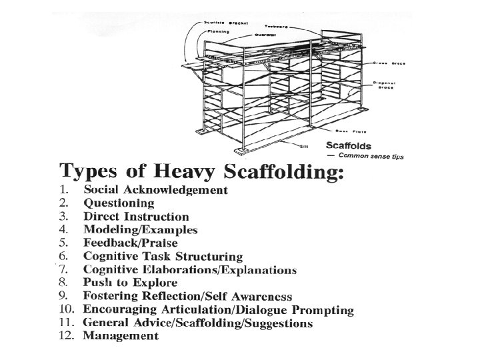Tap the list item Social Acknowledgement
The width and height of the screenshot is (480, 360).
click(155, 190)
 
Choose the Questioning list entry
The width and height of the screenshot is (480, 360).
click(119, 203)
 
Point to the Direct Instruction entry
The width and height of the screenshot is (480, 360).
click(136, 217)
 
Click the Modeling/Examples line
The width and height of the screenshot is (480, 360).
click(140, 230)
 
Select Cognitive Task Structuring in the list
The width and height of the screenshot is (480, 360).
click(163, 257)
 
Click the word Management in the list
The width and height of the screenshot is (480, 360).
click(120, 337)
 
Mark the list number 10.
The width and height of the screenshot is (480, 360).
click(67, 310)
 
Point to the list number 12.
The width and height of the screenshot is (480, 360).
click(67, 337)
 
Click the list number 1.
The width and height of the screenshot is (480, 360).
click(65, 190)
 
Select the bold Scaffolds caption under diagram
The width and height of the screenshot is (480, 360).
click(349, 145)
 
